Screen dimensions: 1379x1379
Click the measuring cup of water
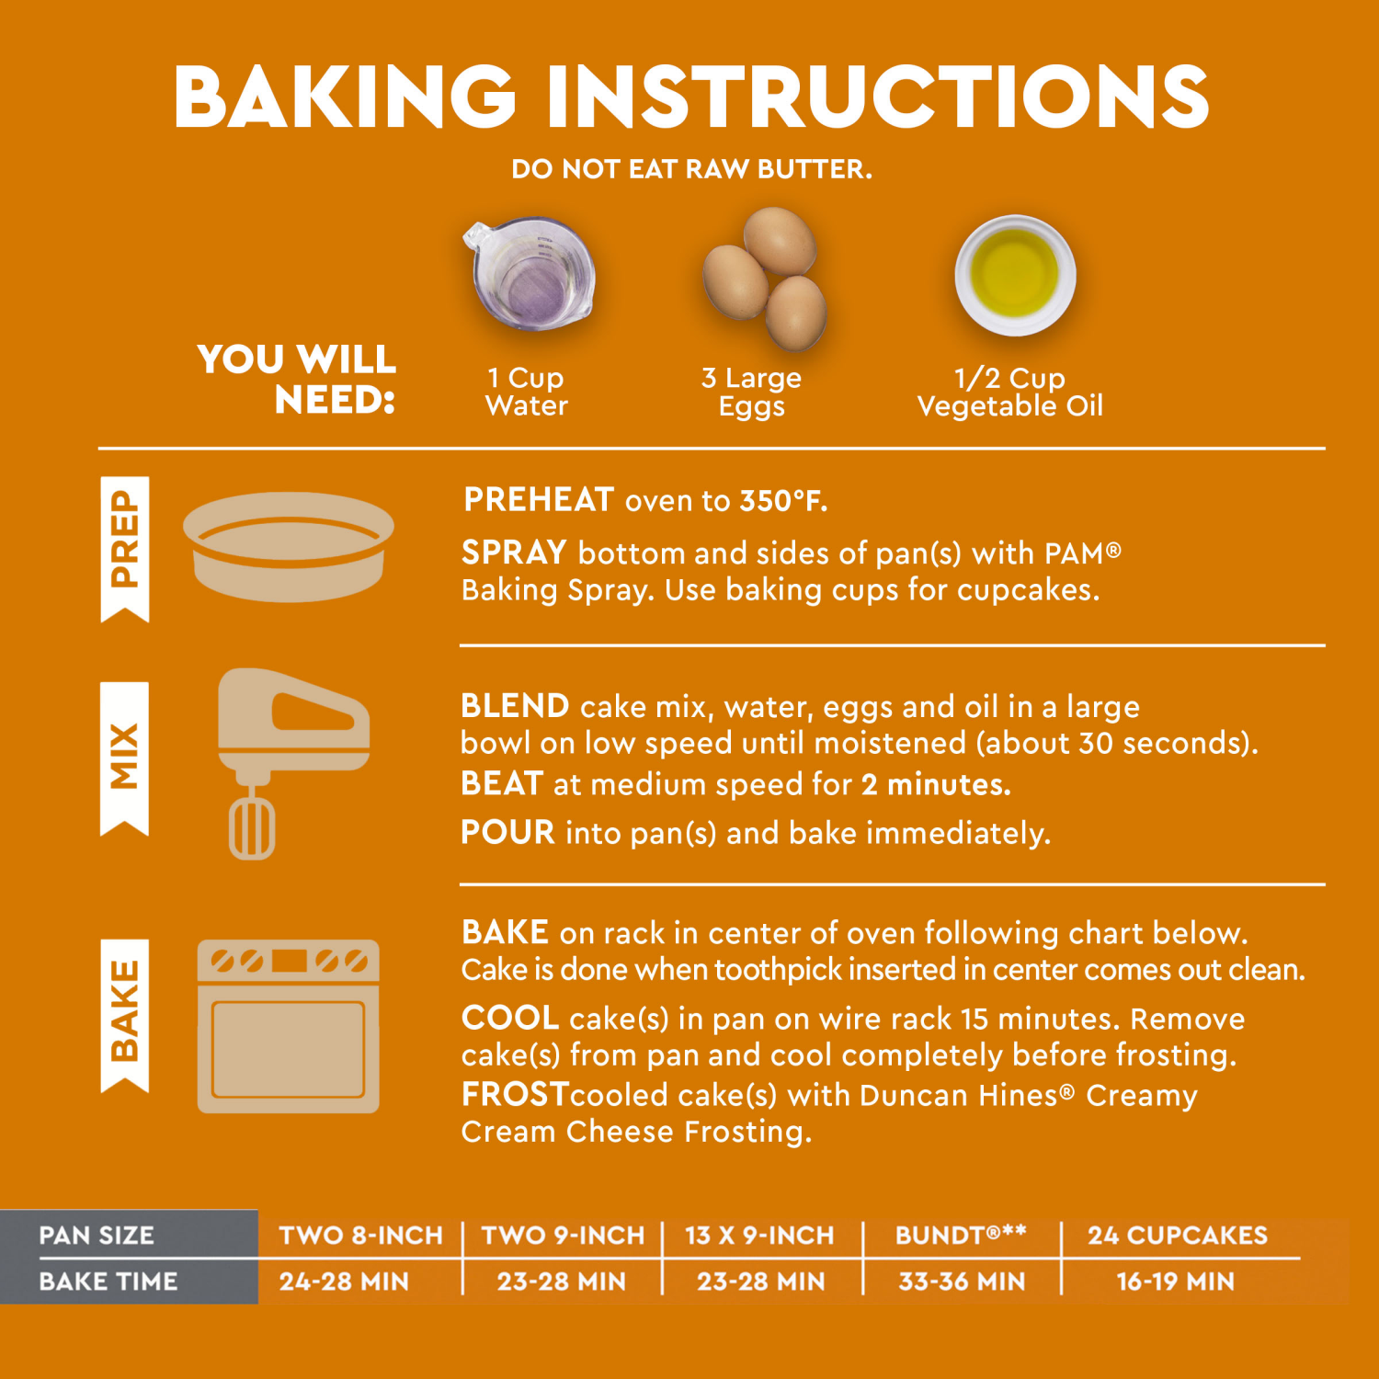pyautogui.click(x=530, y=274)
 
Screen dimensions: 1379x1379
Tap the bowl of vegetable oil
pyautogui.click(x=1015, y=275)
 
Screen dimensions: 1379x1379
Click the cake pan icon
pyautogui.click(x=289, y=547)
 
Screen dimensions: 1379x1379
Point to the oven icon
pyautogui.click(x=289, y=1026)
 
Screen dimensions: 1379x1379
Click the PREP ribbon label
pyautogui.click(x=124, y=542)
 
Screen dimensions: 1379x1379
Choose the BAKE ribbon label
pyautogui.click(x=124, y=1011)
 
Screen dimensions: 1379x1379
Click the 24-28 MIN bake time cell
pyautogui.click(x=344, y=1281)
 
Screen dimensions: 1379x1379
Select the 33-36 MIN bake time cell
pyautogui.click(x=962, y=1281)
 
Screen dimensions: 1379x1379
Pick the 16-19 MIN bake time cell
pyautogui.click(x=1175, y=1281)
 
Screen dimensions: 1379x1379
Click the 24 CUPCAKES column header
pyautogui.click(x=1178, y=1235)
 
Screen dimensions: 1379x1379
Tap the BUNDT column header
pyautogui.click(x=960, y=1235)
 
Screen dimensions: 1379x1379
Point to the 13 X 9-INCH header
pyautogui.click(x=759, y=1235)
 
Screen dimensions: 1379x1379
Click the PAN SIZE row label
pyautogui.click(x=97, y=1235)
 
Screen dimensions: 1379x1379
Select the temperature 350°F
pyautogui.click(x=783, y=501)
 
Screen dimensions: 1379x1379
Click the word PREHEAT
pyautogui.click(x=539, y=500)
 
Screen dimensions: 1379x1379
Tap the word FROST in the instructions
pyautogui.click(x=515, y=1094)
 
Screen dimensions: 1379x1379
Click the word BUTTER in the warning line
pyautogui.click(x=814, y=169)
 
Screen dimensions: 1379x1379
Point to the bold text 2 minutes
pyautogui.click(x=936, y=784)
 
